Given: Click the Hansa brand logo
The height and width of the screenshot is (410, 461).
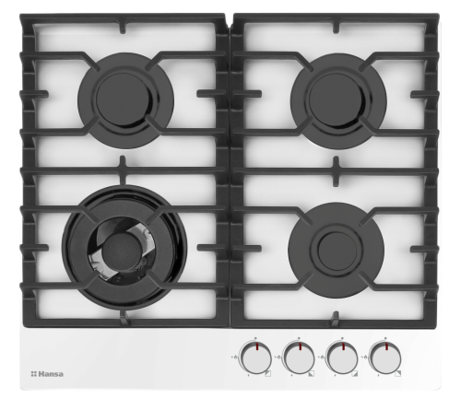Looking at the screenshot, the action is coord(47,374).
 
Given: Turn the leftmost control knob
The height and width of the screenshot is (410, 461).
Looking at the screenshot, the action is coord(256,358).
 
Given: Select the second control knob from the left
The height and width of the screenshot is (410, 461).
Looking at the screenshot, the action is coord(300,358).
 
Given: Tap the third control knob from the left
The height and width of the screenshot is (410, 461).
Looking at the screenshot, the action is coord(343,358).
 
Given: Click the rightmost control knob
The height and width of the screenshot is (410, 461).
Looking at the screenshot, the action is coord(385,358).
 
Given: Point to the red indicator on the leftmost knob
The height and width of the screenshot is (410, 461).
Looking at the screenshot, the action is coord(256,347).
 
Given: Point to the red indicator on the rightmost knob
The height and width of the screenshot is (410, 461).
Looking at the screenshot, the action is coord(386,347).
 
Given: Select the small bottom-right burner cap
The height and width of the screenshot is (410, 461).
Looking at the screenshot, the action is coord(336,250).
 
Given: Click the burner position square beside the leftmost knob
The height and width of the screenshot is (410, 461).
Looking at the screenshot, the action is coord(268,374).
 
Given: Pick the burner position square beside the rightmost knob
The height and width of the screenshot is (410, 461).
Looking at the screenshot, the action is coord(398,374).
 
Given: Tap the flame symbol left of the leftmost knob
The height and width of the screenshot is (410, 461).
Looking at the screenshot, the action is coord(235,357).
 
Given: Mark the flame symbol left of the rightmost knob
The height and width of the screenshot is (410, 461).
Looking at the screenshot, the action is coord(365,357).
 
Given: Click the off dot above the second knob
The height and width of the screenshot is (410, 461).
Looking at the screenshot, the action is coord(299,338).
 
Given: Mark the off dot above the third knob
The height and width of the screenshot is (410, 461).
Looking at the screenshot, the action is coord(342,338).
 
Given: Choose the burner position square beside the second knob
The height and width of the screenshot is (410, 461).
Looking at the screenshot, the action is coord(312,374).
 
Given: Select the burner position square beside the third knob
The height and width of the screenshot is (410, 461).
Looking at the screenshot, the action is coord(355,374).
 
